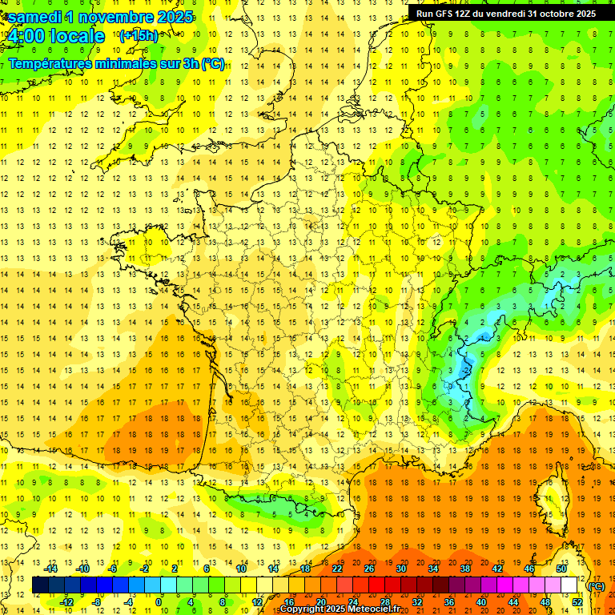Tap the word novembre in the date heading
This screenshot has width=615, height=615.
[119, 16]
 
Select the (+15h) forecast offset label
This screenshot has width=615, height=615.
[139, 36]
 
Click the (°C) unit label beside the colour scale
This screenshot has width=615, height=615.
[596, 586]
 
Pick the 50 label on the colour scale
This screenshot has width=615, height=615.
[561, 569]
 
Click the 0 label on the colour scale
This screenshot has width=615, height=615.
[159, 602]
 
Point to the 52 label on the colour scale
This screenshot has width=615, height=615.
[577, 602]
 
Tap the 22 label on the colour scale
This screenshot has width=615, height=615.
[337, 569]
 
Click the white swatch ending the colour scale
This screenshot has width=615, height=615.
[569, 585]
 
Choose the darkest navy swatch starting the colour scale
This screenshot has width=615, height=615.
[40, 585]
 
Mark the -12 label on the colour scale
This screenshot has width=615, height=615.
[66, 602]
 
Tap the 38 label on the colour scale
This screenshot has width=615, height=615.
[464, 569]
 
